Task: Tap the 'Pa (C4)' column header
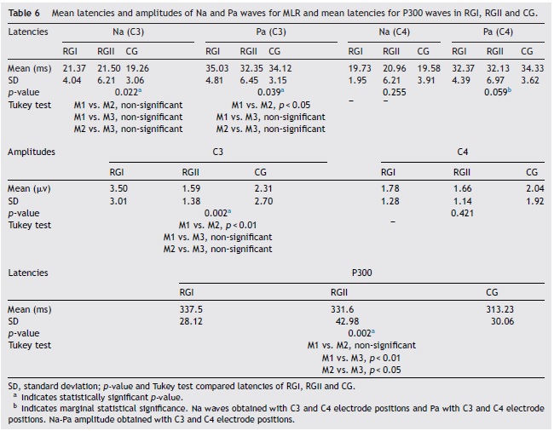point(498,32)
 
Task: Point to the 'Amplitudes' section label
point(32,151)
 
